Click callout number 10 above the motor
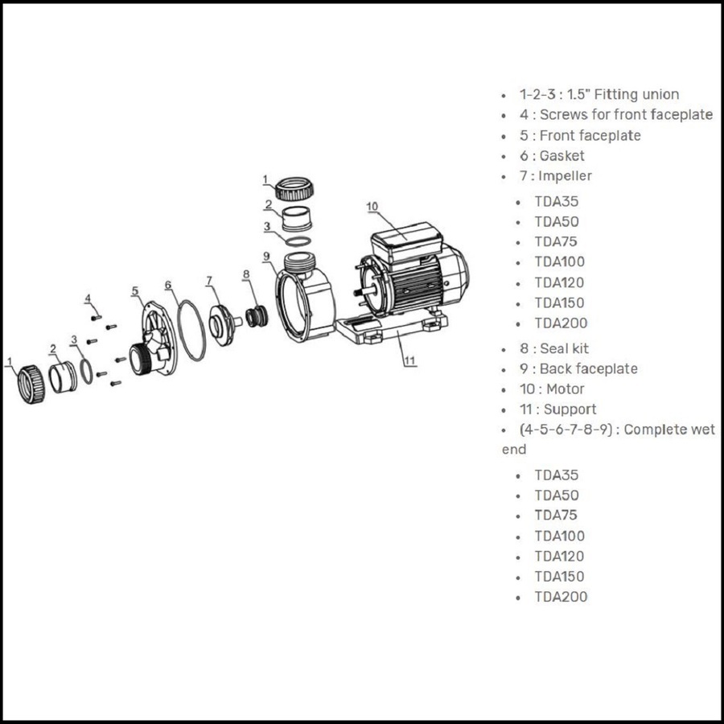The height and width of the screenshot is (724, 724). [x=372, y=207]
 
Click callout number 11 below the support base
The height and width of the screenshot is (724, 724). [x=410, y=360]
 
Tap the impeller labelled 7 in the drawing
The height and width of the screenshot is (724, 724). [x=223, y=325]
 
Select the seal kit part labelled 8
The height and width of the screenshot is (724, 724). [x=257, y=316]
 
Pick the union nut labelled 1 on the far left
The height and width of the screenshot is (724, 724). [x=31, y=385]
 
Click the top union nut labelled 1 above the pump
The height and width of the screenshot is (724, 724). [x=294, y=188]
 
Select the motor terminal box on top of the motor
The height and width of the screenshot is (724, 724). [x=407, y=243]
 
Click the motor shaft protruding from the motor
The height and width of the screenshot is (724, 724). [x=364, y=292]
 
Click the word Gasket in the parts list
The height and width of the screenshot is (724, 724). [x=562, y=155]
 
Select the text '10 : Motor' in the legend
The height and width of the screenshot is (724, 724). [x=552, y=389]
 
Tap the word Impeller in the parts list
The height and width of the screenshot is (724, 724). [x=565, y=176]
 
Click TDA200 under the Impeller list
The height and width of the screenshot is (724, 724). [x=561, y=323]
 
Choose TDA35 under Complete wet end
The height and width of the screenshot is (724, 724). [x=557, y=475]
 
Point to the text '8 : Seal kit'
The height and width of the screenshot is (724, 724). [x=554, y=348]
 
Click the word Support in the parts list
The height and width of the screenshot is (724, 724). [x=570, y=409]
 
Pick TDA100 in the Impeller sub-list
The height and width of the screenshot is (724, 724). [x=560, y=261]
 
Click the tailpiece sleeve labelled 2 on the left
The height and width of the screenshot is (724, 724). [x=63, y=376]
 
